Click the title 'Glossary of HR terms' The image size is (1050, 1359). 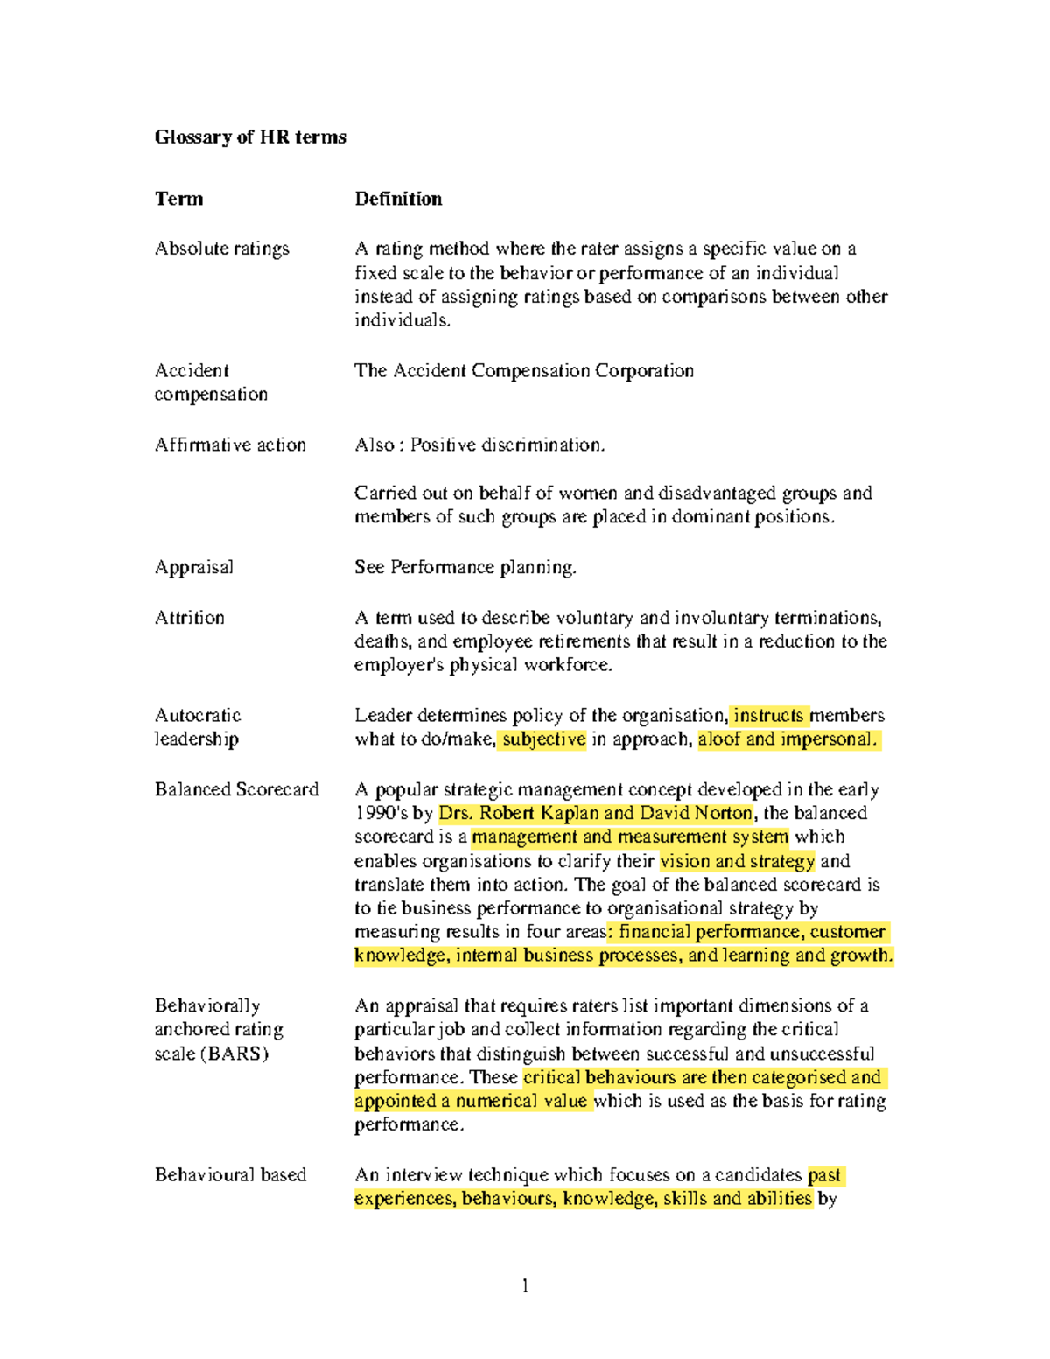[x=250, y=137]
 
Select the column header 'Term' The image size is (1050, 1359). [x=178, y=199]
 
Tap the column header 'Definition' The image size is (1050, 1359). [x=398, y=199]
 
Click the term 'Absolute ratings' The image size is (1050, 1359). [x=221, y=249]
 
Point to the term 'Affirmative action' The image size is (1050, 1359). [x=230, y=445]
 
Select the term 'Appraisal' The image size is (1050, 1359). [x=194, y=567]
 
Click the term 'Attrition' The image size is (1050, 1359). [x=190, y=618]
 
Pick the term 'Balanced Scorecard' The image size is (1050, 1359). [x=236, y=789]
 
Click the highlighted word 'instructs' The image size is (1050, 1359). [x=769, y=715]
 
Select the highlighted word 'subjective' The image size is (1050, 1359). [x=543, y=739]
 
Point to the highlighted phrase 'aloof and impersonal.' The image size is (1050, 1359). [x=787, y=739]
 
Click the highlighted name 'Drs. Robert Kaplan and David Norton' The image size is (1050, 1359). [x=596, y=813]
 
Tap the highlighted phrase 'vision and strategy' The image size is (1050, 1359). [x=738, y=861]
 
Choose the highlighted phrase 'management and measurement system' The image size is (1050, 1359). [x=630, y=837]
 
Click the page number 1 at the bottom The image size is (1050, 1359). [x=525, y=1285]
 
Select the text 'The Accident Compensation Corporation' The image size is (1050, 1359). [x=523, y=371]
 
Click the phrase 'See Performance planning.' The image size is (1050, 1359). [x=465, y=567]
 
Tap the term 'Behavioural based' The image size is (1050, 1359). [x=230, y=1174]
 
